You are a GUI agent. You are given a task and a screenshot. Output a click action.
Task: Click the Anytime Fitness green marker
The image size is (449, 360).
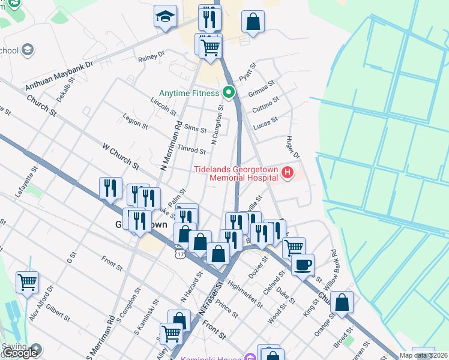point(228,93)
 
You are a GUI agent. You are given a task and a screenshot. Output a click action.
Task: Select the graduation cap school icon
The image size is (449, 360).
point(164,17)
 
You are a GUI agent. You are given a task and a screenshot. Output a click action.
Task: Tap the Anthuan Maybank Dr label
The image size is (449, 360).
point(59,76)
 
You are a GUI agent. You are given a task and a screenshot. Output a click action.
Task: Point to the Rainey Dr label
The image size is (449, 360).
point(151,56)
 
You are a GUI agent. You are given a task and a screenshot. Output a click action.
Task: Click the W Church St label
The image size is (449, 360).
point(121,155)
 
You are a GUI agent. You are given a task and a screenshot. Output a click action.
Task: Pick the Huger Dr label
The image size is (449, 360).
point(292,146)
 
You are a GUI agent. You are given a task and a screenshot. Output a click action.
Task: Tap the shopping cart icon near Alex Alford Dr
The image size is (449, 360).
point(28,281)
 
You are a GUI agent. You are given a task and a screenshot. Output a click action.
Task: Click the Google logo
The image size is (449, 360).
point(20,353)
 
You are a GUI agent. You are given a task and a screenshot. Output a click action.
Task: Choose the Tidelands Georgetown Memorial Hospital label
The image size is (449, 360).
point(236,173)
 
